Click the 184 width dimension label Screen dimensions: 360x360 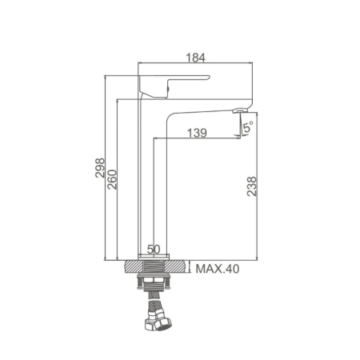(195, 58)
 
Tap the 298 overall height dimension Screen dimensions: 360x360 (100, 168)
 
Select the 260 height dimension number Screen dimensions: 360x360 (112, 179)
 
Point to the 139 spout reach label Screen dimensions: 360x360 (197, 133)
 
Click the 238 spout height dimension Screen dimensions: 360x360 (252, 186)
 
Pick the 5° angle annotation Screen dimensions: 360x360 (248, 126)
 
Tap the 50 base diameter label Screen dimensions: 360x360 (154, 250)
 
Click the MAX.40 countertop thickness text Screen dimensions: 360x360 (218, 269)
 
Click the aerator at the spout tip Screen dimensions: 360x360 (240, 110)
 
